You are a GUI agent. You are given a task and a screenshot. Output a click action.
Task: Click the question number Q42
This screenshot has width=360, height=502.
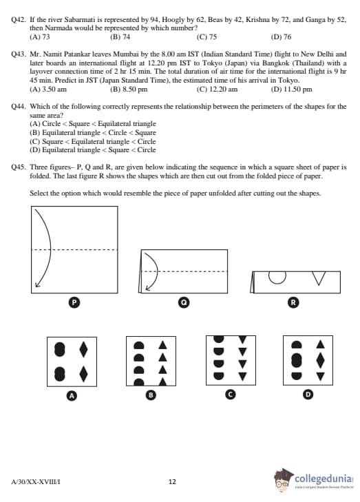[x=18, y=20]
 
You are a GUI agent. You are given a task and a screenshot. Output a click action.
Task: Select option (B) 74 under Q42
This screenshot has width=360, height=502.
[x=120, y=36]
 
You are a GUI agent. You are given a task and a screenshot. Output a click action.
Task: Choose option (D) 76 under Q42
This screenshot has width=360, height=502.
[x=281, y=36]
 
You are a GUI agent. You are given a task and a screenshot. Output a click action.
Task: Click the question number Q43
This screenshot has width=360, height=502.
[x=18, y=54]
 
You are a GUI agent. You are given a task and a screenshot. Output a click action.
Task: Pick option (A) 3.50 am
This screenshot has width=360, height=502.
[x=48, y=90]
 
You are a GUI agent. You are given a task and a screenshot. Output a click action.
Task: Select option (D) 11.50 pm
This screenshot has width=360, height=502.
[x=291, y=90]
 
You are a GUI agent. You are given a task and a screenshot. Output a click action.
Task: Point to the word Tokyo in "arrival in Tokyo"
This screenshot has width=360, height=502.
[x=288, y=81]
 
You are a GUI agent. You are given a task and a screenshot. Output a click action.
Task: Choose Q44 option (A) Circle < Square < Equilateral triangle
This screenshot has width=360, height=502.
[x=93, y=123]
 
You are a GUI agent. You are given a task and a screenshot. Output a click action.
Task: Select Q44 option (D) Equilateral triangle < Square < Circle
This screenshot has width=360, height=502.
[x=93, y=150]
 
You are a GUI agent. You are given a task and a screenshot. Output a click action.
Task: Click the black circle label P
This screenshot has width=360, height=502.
[x=74, y=302]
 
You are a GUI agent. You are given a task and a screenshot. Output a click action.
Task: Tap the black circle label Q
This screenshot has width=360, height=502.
[x=184, y=302]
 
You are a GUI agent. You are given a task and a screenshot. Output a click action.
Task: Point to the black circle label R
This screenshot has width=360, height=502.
[x=293, y=302]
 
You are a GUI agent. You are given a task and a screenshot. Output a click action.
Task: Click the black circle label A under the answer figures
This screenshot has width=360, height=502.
[x=72, y=396]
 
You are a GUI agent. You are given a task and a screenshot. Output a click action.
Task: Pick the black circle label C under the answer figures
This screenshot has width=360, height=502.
[x=230, y=395]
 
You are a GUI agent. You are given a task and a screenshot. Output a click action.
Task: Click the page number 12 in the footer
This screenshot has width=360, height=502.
[x=172, y=481]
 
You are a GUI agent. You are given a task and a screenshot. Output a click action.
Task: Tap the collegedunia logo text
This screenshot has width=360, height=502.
[x=324, y=479]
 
